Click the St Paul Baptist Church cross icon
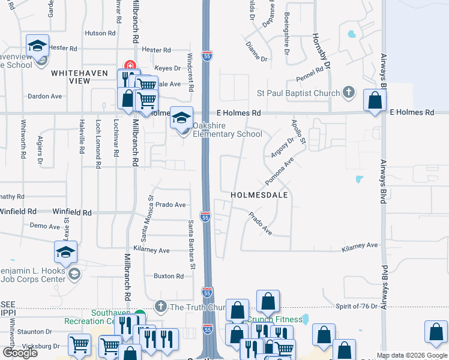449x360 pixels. pos(349,93)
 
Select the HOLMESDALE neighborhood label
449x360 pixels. pos(259,196)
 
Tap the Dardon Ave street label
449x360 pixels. pos(45,96)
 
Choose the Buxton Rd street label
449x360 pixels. pos(168,276)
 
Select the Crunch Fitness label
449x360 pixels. pos(274,319)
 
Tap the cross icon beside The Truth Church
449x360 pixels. pos(160,307)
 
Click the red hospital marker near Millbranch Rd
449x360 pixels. pos(128,65)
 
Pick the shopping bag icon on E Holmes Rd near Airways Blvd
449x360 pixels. pos(375,102)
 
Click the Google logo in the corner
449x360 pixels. pos(20,353)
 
